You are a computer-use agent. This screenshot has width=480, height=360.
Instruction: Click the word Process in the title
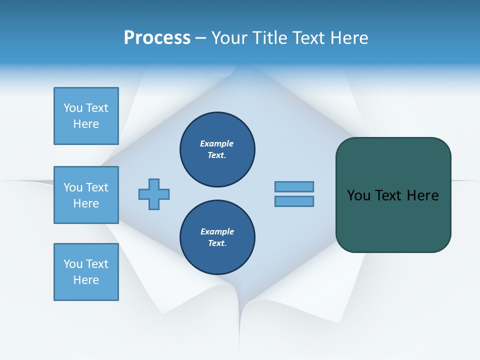[x=157, y=38]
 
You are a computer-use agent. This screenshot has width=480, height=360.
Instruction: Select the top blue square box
[x=86, y=115]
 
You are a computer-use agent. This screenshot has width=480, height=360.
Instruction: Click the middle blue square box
[x=86, y=195]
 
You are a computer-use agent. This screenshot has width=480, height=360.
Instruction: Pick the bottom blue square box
[x=86, y=272]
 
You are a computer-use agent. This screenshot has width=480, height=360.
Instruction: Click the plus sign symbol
[x=154, y=194]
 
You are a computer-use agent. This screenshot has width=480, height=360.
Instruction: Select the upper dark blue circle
[x=217, y=149]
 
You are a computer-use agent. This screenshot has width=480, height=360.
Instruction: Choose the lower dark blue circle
[x=217, y=237]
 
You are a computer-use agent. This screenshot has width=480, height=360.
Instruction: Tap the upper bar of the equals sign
[x=294, y=187]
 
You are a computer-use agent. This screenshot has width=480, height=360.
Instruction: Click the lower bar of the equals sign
[x=294, y=201]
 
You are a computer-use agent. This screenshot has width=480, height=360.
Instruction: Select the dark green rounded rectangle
[x=393, y=220]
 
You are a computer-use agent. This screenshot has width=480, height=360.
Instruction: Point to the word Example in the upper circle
[x=217, y=143]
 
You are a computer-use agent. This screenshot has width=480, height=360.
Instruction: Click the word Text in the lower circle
[x=216, y=243]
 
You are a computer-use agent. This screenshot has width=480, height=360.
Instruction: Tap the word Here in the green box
[x=422, y=195]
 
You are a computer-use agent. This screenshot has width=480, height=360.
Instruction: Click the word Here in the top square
[x=86, y=124]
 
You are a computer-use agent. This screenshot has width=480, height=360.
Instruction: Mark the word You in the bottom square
[x=72, y=264]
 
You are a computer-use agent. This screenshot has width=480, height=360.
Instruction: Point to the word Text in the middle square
[x=96, y=187]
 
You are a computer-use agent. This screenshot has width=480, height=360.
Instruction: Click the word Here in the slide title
[x=349, y=38]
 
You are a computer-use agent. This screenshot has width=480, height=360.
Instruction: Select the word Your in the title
[x=229, y=38]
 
